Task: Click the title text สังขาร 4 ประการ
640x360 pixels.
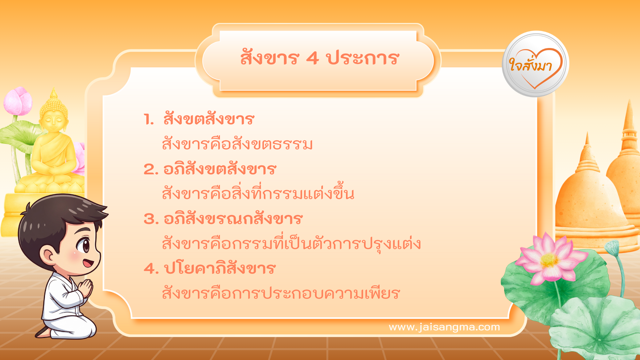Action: point(319,58)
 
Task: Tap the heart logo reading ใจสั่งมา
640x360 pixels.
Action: point(535,64)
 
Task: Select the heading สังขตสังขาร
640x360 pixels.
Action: point(209,119)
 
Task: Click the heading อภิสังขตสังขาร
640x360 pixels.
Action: point(220,169)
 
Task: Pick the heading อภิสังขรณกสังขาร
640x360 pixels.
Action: point(233,219)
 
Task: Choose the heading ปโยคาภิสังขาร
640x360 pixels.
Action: point(220,269)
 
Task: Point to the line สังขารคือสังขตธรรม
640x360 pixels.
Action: point(237,144)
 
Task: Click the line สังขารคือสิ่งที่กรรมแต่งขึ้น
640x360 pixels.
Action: point(258,193)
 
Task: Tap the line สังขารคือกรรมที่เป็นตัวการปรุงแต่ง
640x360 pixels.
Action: point(291,243)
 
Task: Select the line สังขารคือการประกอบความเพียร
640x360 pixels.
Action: point(281,293)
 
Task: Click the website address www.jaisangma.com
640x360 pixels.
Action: point(444,327)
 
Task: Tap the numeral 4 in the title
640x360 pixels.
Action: point(312,59)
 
